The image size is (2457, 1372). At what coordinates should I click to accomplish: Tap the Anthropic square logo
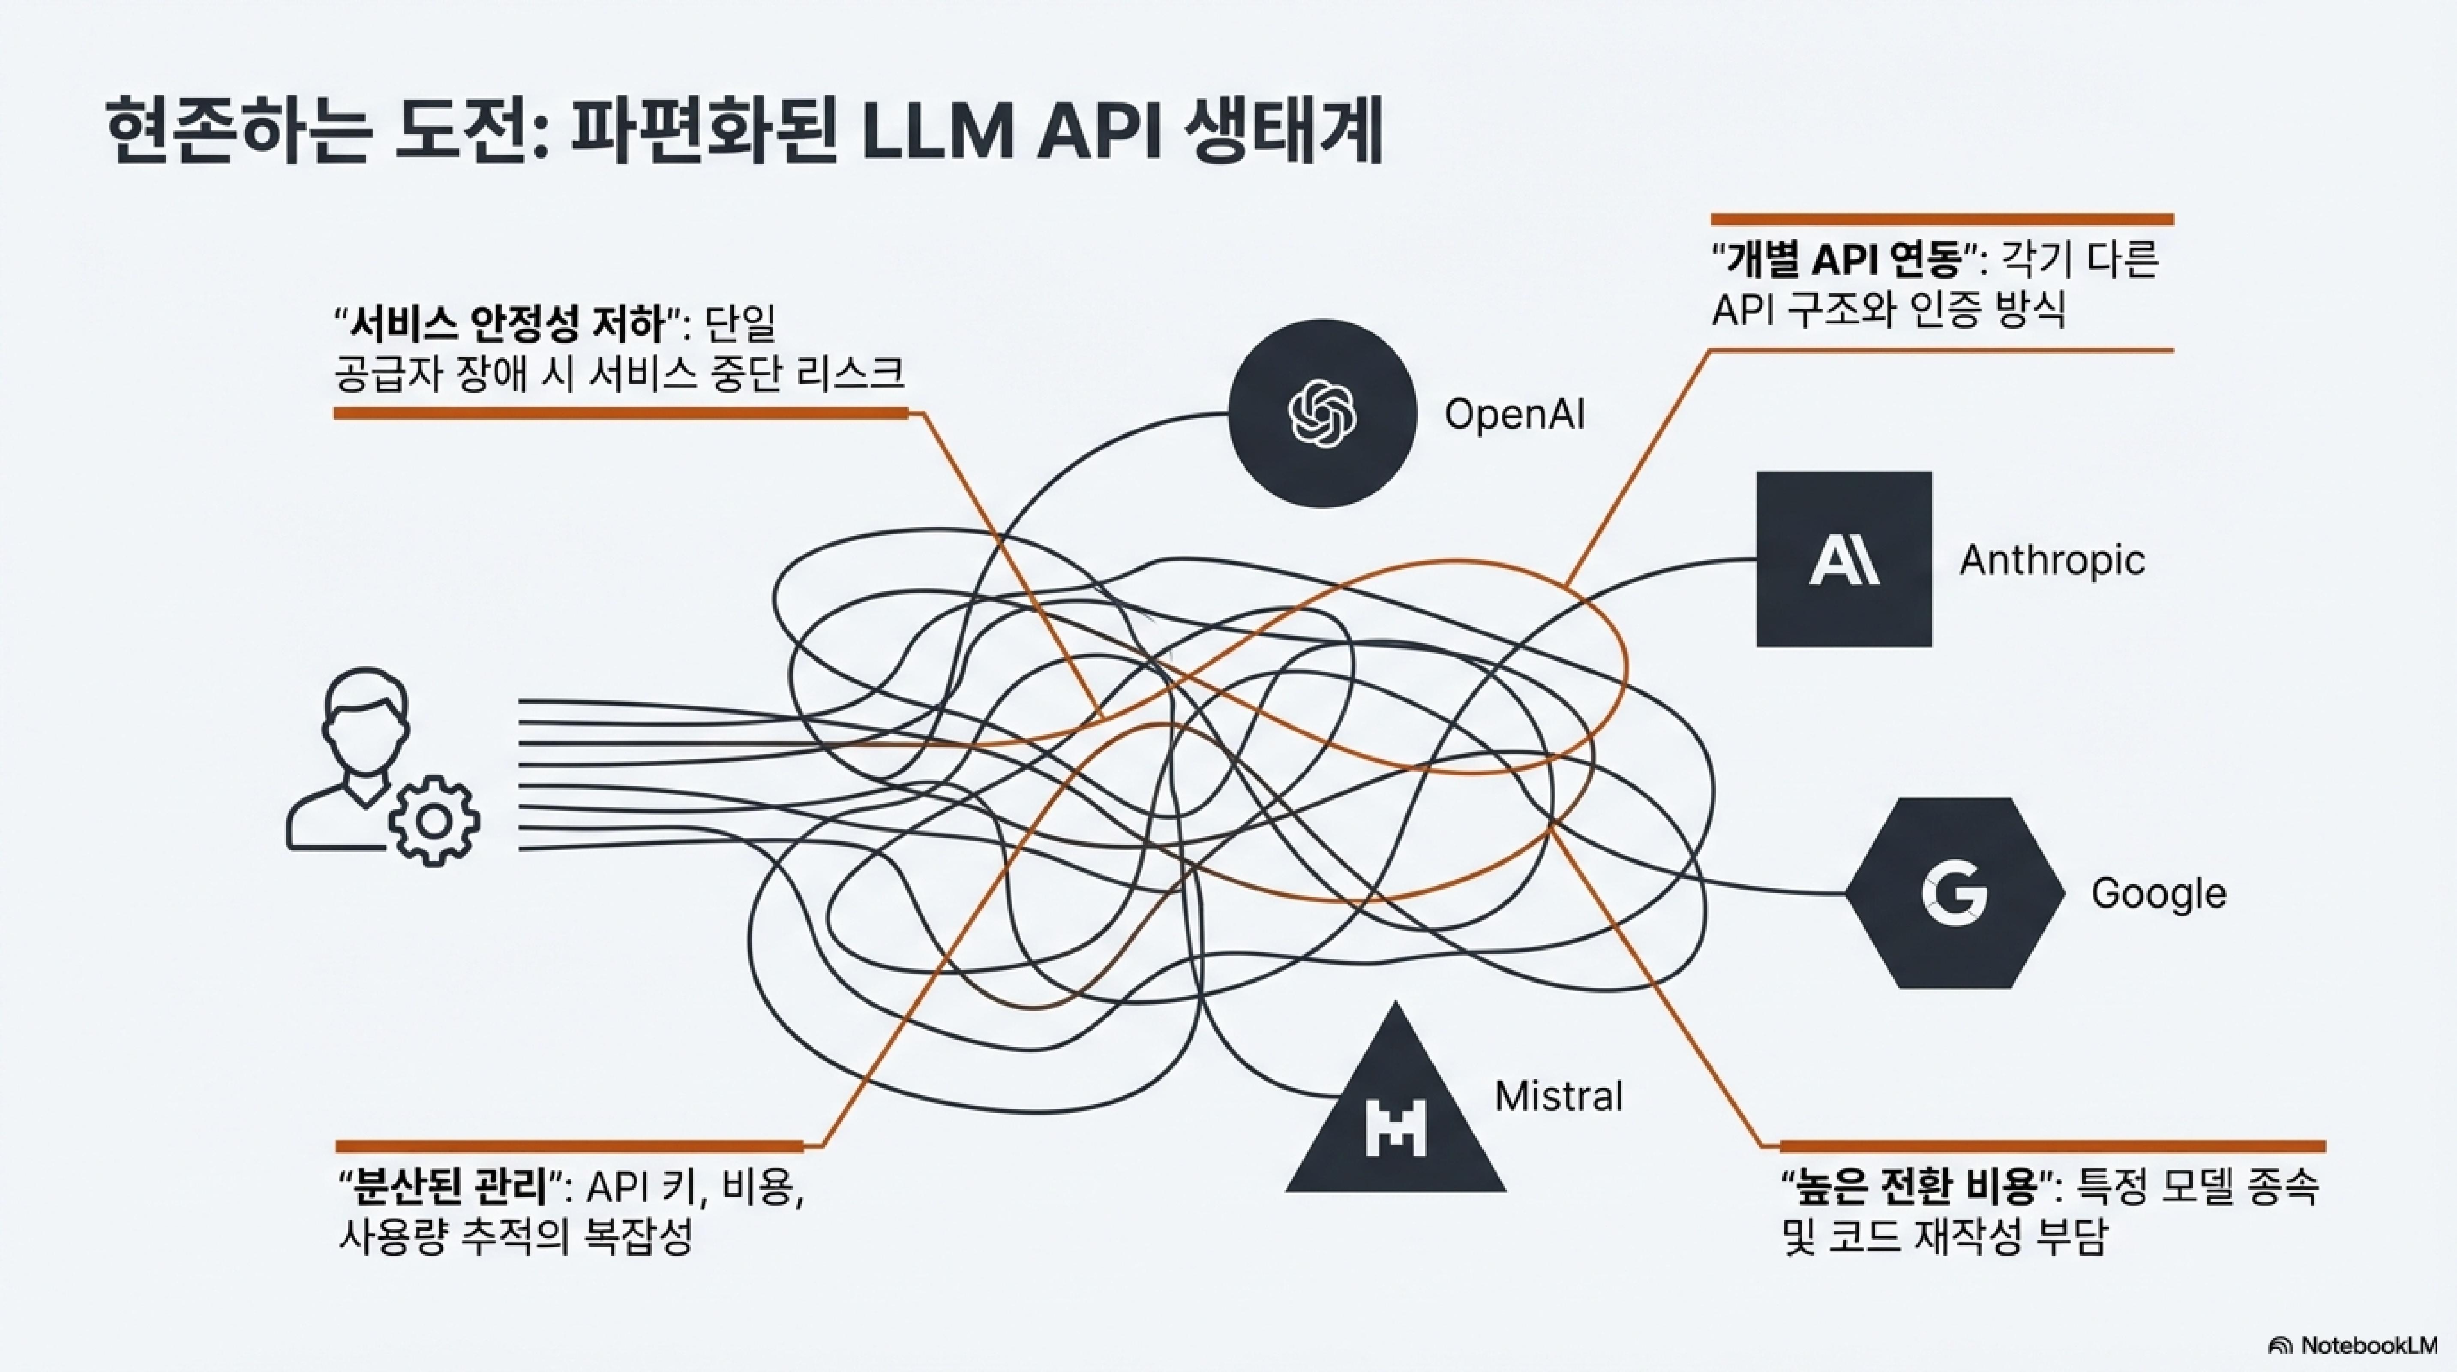point(1844,559)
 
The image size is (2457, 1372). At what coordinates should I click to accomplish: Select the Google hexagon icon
point(1954,893)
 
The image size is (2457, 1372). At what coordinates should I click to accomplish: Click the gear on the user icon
point(434,821)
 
